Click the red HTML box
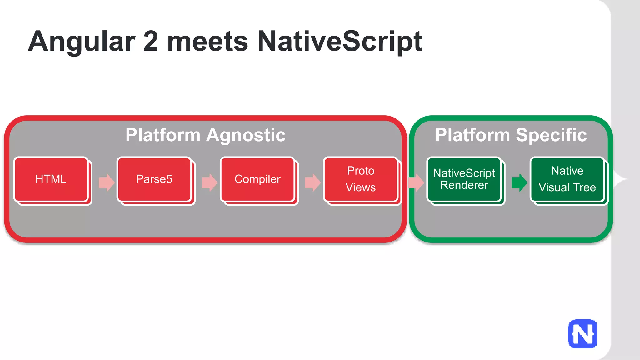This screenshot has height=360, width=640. pyautogui.click(x=51, y=179)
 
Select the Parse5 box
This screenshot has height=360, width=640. pyautogui.click(x=154, y=179)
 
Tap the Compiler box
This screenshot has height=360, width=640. pyautogui.click(x=257, y=179)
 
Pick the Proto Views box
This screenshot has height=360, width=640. pyautogui.click(x=361, y=179)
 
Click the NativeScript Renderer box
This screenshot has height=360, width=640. pyautogui.click(x=464, y=179)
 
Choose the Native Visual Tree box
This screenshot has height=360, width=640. pyautogui.click(x=567, y=179)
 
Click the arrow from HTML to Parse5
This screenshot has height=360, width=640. pyautogui.click(x=107, y=182)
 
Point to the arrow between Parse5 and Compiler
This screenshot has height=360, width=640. pyautogui.click(x=209, y=182)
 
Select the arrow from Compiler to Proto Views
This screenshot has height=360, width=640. pyautogui.click(x=312, y=182)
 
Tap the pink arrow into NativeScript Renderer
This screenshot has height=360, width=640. pyautogui.click(x=416, y=182)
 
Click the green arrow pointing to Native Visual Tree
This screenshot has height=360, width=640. pyautogui.click(x=519, y=182)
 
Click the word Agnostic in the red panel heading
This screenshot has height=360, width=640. pyautogui.click(x=246, y=135)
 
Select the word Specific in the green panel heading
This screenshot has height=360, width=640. pyautogui.click(x=551, y=135)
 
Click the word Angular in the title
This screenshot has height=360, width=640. pyautogui.click(x=82, y=42)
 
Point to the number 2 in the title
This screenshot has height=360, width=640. pyautogui.click(x=151, y=42)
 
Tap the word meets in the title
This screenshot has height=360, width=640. pyautogui.click(x=208, y=42)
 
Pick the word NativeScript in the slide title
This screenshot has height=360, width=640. pyautogui.click(x=340, y=42)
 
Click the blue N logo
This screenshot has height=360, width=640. pyautogui.click(x=582, y=334)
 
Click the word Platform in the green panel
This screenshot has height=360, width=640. pyautogui.click(x=472, y=135)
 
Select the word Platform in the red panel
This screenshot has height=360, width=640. pyautogui.click(x=163, y=135)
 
